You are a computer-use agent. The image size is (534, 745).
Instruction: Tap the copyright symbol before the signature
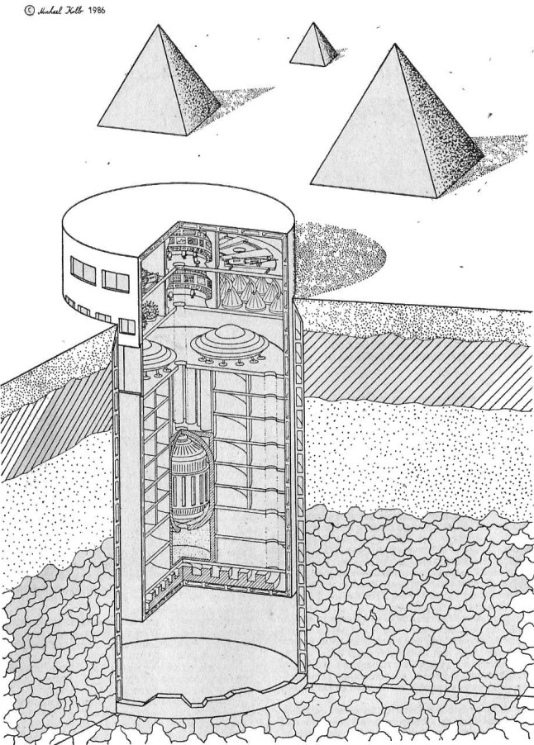31,11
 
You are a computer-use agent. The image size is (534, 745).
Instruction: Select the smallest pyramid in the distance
312,46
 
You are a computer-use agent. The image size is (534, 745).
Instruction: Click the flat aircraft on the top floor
248,257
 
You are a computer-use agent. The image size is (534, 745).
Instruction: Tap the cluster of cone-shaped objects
248,292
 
